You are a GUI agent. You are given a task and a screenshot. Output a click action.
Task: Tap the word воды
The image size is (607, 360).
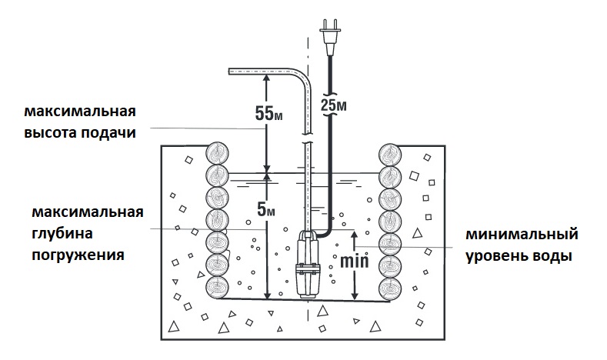(554, 255)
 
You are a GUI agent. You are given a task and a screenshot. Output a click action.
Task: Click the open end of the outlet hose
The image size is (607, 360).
(232, 72)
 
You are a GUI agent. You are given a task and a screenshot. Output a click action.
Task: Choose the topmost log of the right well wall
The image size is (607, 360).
(392, 152)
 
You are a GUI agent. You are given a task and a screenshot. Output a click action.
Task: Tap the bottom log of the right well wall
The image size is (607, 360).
(392, 289)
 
